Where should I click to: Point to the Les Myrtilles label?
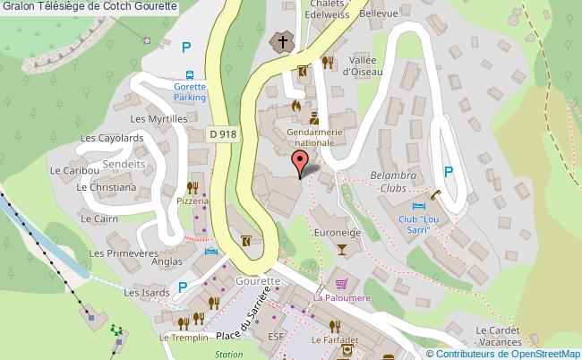coord(158,118)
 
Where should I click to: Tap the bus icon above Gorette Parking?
coord(189,75)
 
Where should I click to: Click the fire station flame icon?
coord(295,105)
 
